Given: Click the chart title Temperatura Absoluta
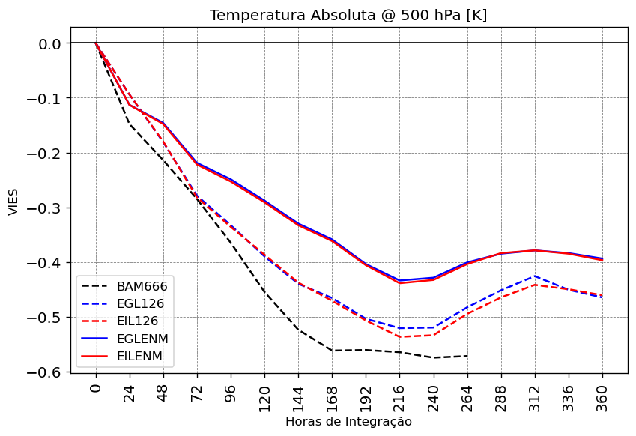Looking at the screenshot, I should (348, 16).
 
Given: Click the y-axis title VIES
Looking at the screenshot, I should (13, 201).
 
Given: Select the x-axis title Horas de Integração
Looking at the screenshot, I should (348, 422).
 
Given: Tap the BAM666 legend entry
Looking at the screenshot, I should (142, 286).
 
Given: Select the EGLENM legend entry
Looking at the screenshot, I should (142, 339).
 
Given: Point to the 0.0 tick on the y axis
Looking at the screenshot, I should (49, 43).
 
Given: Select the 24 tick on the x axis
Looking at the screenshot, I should (130, 394).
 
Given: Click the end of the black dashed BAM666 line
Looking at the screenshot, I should (467, 356).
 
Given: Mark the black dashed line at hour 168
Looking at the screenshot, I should (332, 351).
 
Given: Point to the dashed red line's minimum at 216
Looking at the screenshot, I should (399, 337).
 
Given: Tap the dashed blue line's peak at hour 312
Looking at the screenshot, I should (535, 276).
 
